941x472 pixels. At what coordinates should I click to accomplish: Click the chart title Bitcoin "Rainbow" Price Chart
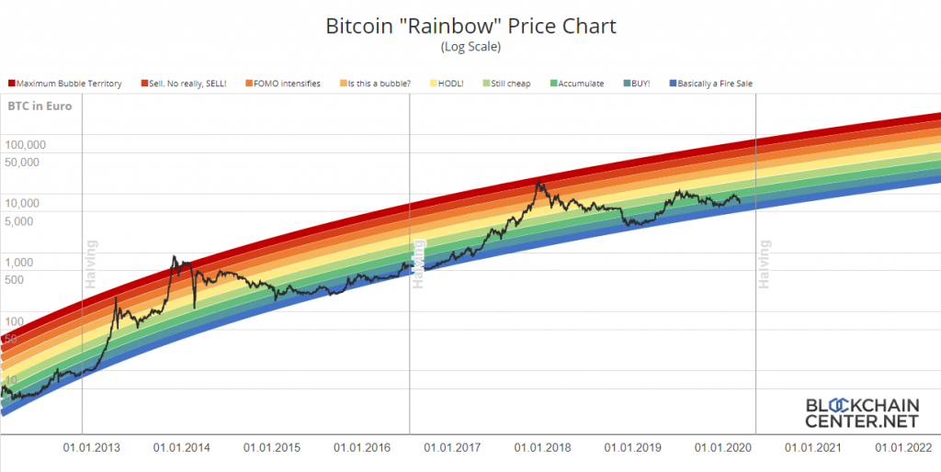[470, 26]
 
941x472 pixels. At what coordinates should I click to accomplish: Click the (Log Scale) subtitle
[470, 46]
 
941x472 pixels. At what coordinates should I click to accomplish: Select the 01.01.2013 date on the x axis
[91, 448]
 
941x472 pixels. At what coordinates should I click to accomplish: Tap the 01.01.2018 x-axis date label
[543, 448]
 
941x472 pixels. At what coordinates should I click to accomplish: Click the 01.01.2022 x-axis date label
[904, 448]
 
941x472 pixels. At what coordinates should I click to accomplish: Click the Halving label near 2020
[763, 264]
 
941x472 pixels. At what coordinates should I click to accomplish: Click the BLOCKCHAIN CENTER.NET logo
[861, 413]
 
